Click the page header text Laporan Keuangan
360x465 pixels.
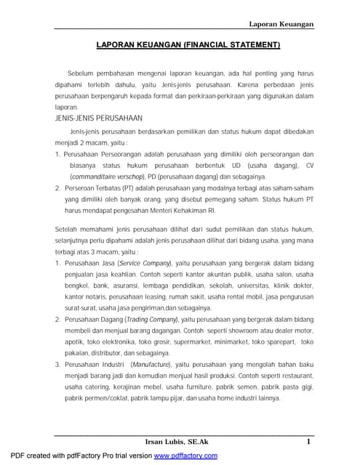[x=281, y=24]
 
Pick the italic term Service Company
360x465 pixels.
[x=144, y=261]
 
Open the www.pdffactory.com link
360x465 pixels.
[x=185, y=456]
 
